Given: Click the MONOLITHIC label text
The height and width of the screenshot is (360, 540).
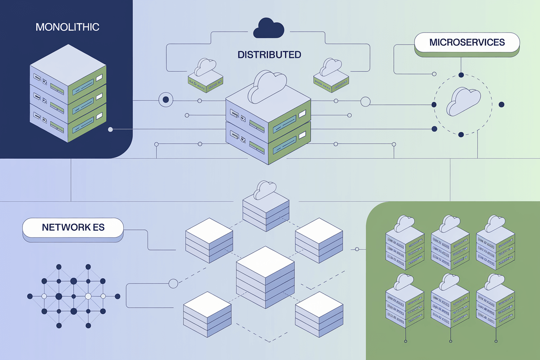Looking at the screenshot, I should [x=67, y=27].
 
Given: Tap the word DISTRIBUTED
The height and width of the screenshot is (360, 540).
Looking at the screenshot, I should [x=269, y=55].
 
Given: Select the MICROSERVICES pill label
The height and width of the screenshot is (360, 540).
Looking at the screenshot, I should [x=467, y=42].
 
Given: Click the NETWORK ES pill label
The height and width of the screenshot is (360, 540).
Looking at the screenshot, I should [x=73, y=227].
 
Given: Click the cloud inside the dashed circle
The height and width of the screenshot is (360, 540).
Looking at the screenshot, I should [x=463, y=101].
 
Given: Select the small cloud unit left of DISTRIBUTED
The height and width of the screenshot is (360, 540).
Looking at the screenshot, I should [x=205, y=74].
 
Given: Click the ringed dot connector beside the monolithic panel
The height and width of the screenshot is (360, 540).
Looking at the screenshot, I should [x=166, y=100].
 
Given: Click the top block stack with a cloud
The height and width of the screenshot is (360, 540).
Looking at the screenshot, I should [x=265, y=206].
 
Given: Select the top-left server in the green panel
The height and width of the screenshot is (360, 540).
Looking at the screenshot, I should [x=404, y=242].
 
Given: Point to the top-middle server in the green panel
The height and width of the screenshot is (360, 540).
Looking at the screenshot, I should [x=450, y=242].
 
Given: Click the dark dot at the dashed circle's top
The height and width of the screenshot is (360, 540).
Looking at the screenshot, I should [x=461, y=75].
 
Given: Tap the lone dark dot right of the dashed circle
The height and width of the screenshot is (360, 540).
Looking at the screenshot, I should [x=501, y=104].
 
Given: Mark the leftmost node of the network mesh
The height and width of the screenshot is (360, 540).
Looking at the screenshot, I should [x=30, y=296].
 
